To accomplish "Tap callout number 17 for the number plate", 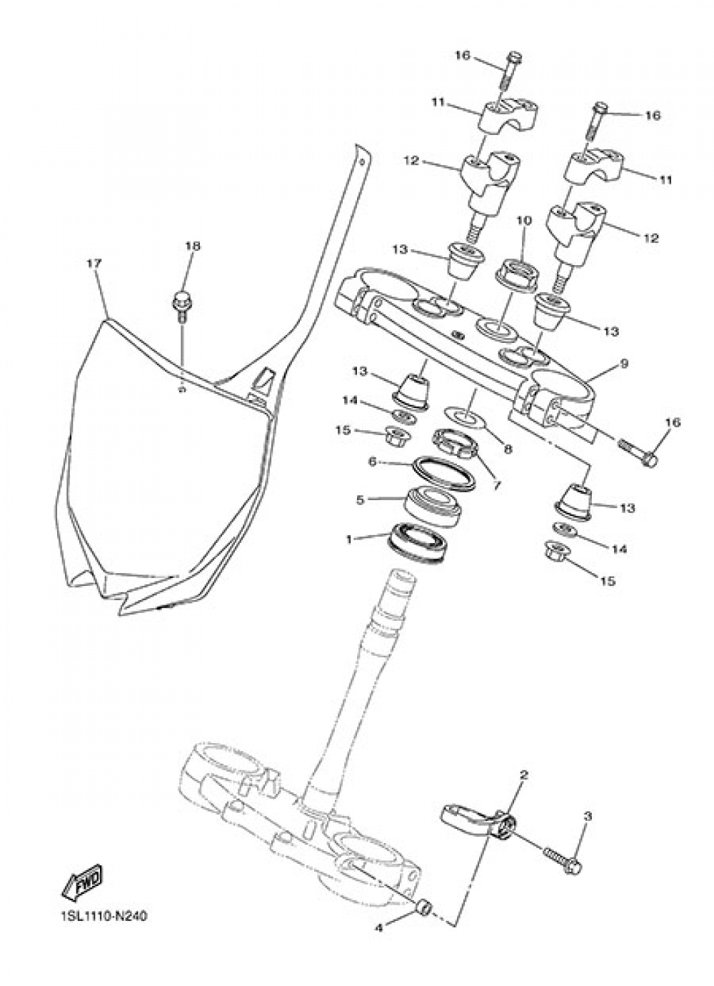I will pos(94,264).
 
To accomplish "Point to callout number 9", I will pos(623,364).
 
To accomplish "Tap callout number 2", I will pos(523,775).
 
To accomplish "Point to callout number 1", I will pos(349,539).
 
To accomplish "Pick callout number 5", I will pos(361,499).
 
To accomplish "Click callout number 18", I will pos(193,246).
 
